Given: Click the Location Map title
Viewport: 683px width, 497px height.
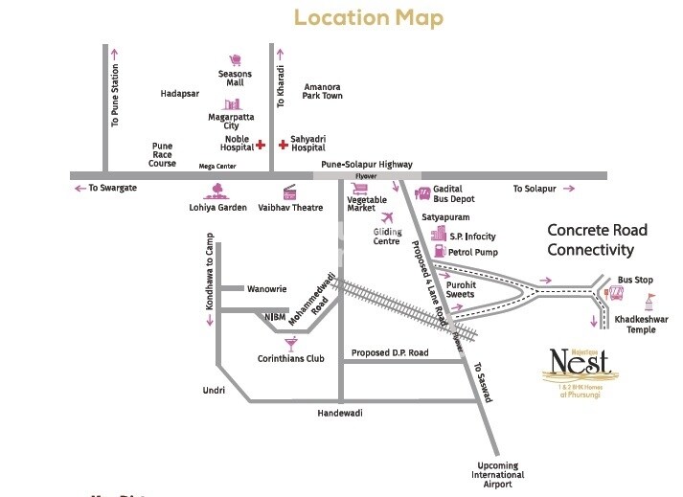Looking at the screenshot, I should [369, 17].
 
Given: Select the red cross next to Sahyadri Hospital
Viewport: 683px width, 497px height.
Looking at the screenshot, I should [283, 145].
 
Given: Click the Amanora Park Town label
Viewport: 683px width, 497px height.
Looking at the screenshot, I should [322, 91].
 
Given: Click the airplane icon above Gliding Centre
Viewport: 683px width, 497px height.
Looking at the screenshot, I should [387, 217].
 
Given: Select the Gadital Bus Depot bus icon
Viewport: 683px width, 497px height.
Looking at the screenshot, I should [421, 193].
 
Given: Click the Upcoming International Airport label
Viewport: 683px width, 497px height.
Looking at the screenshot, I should [498, 475].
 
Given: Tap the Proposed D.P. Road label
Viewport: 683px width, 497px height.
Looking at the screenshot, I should [390, 353].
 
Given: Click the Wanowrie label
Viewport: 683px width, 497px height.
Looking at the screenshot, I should [268, 287].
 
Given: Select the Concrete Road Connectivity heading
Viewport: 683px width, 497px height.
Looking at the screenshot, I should [597, 240].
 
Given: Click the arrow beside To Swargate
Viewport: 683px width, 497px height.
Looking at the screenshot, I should [80, 189].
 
